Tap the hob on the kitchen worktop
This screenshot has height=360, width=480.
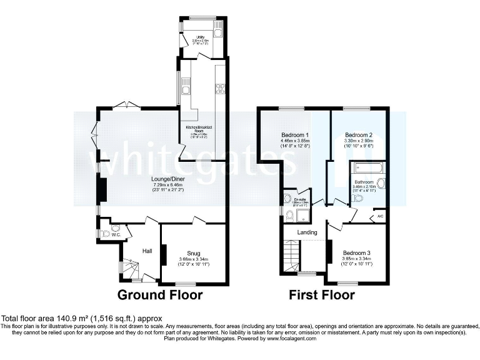[x=220, y=88]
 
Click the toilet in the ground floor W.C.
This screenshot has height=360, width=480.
[x=105, y=234]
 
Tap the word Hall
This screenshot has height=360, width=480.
[x=147, y=251]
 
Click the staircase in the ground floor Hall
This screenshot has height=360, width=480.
[x=131, y=269]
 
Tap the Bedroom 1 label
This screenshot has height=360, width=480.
[x=295, y=136]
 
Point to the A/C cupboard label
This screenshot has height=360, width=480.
[x=380, y=217]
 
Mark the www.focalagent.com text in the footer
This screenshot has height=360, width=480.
[x=290, y=339]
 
